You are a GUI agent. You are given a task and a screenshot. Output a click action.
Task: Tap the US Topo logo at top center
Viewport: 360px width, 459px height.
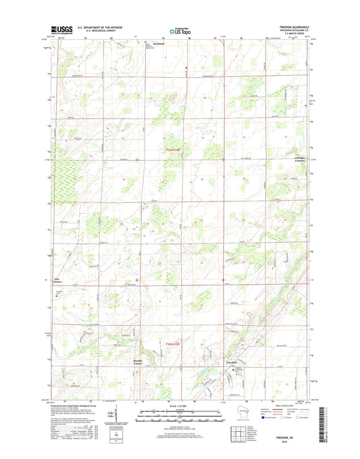(x=180, y=30)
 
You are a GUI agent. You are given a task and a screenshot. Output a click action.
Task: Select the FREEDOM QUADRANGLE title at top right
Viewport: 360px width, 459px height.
(x=292, y=28)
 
